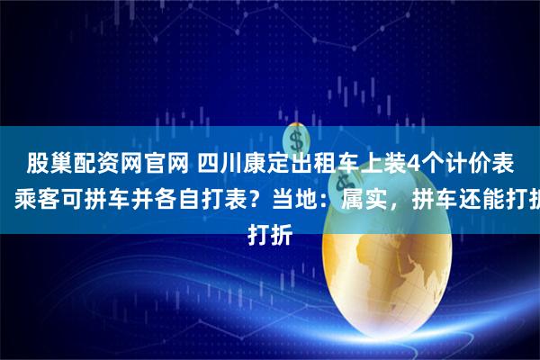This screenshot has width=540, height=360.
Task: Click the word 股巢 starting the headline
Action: pyautogui.click(x=45, y=163)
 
